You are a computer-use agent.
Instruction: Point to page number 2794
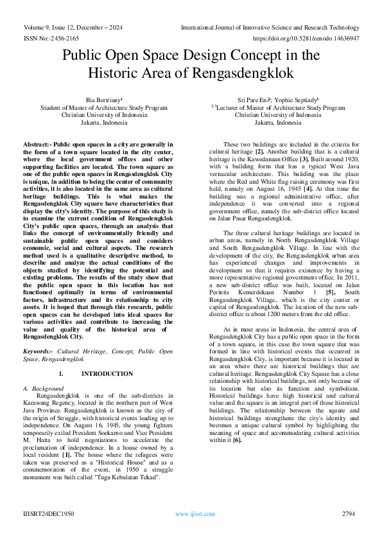348,514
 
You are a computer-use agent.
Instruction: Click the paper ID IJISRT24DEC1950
48,514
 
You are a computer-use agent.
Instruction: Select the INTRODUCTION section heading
107,373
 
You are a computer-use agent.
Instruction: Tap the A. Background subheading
43,389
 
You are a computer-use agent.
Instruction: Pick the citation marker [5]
330,292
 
